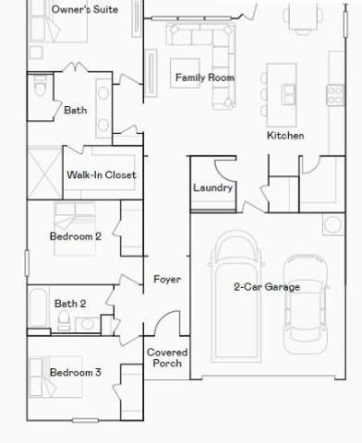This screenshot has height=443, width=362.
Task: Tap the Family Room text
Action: point(204,78)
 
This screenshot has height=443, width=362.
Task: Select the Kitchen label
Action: point(285,136)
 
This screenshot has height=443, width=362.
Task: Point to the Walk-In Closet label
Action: point(101,174)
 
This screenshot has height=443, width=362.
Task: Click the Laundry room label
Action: point(212,188)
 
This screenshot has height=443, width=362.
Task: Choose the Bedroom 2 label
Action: point(75,236)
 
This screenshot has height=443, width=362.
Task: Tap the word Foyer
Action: point(167,279)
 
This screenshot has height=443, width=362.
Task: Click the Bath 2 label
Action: point(70,303)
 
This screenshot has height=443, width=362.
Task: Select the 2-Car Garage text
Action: point(267,287)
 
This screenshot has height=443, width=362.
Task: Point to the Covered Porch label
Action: point(167,358)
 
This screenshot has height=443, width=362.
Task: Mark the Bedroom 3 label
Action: point(75,373)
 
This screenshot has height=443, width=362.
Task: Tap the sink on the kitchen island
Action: point(288,91)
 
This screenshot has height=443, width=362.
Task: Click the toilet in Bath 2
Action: point(64,319)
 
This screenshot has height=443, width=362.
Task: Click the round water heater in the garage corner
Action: point(330,224)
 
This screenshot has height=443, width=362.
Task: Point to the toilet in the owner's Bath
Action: point(40,92)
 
